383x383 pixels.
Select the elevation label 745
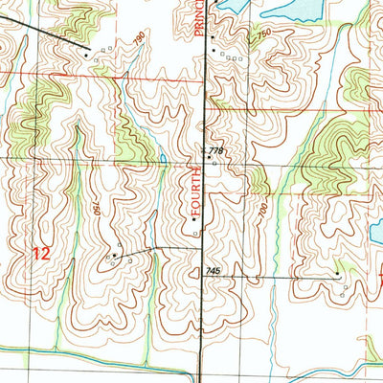(x=213, y=272)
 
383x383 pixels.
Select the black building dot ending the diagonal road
(x=88, y=55)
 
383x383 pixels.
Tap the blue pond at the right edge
(x=377, y=230)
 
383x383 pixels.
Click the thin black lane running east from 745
(x=278, y=277)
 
